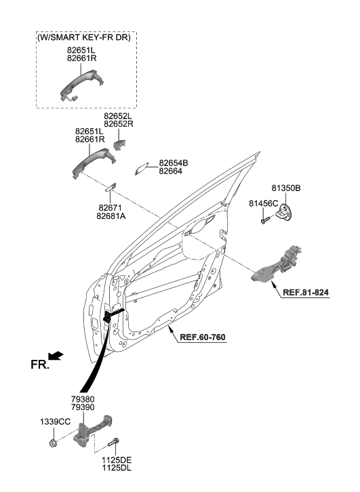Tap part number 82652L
(118, 117)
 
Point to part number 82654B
(174, 163)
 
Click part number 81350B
(286, 188)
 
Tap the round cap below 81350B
(290, 211)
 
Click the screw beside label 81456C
(265, 220)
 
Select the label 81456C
(264, 203)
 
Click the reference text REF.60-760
(204, 337)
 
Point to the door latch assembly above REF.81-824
(280, 262)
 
